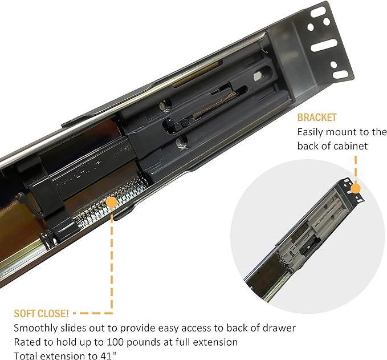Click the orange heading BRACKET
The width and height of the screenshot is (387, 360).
(x=317, y=118)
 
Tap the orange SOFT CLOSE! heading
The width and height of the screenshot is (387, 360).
(x=41, y=314)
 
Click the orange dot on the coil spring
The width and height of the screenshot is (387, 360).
(x=112, y=203)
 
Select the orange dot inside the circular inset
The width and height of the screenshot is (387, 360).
(x=356, y=189)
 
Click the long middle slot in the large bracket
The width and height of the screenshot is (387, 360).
(x=324, y=45)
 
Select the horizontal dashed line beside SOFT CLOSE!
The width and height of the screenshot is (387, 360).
(x=93, y=313)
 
